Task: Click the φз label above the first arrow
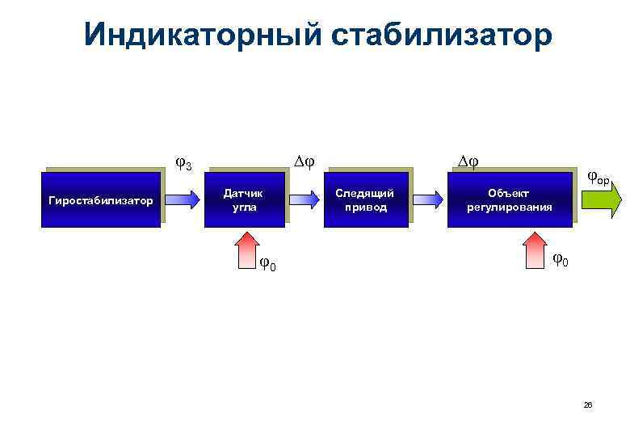pos(183,164)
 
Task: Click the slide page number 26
pos(588,405)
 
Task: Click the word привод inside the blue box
pos(365,207)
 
